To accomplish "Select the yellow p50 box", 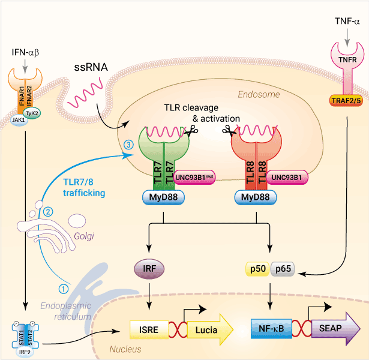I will tap(259, 269).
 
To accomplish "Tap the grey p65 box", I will tap(283, 269).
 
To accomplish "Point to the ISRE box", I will tap(146, 329).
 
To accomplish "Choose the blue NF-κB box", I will tap(270, 329).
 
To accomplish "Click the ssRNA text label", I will tap(91, 68).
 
